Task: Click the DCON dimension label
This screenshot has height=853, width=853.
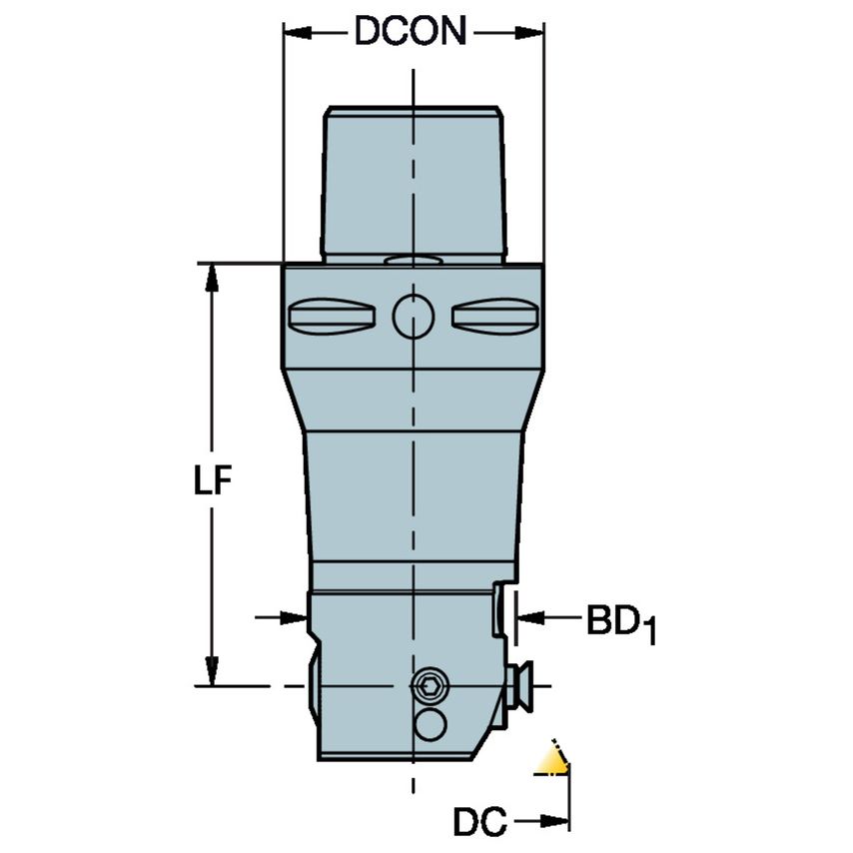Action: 412,33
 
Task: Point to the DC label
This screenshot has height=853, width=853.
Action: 477,822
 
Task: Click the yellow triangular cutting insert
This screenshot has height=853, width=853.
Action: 552,760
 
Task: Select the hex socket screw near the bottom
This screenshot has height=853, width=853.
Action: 429,685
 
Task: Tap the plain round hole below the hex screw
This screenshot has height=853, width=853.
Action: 429,725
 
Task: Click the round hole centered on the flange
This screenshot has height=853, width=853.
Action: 413,316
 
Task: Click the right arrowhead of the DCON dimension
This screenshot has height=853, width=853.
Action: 530,34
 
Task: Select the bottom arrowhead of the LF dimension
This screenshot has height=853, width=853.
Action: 212,671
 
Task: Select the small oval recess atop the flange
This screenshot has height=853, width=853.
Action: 413,260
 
